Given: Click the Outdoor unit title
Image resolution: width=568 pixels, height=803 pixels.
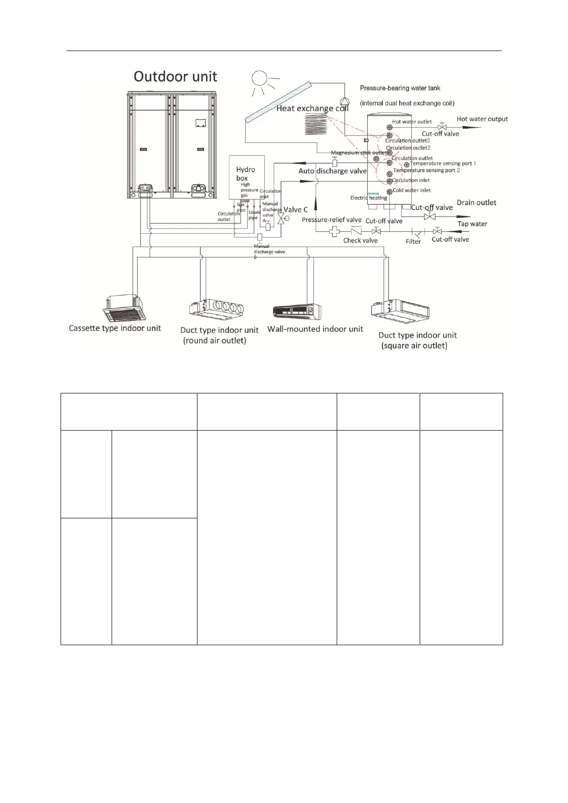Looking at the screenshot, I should pyautogui.click(x=175, y=77).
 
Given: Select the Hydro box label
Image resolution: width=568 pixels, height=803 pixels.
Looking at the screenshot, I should pyautogui.click(x=246, y=174).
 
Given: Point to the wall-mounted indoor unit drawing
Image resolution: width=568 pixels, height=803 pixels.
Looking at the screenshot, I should pyautogui.click(x=296, y=311).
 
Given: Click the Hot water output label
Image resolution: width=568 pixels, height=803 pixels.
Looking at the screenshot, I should pyautogui.click(x=482, y=119).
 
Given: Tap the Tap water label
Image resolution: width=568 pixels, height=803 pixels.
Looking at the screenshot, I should pyautogui.click(x=472, y=224).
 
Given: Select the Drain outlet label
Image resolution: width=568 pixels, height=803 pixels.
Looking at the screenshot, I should pyautogui.click(x=476, y=203).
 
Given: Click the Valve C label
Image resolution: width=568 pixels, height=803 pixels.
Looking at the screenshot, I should pyautogui.click(x=296, y=209).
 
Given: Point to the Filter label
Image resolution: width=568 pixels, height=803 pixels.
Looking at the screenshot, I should pyautogui.click(x=413, y=242).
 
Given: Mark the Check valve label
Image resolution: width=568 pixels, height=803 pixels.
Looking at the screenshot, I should pyautogui.click(x=360, y=240).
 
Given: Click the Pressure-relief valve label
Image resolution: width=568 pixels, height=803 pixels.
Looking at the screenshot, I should pyautogui.click(x=331, y=220).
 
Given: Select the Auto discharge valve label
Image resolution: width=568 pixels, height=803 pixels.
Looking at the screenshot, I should pyautogui.click(x=332, y=171).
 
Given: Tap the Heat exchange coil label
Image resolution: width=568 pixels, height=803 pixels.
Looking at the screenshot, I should pyautogui.click(x=312, y=109).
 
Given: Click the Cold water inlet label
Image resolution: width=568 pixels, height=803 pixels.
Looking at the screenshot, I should pyautogui.click(x=412, y=190).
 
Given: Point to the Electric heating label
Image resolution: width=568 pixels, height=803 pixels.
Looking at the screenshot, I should pyautogui.click(x=369, y=198).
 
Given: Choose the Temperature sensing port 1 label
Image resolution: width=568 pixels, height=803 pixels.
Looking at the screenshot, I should pyautogui.click(x=443, y=164).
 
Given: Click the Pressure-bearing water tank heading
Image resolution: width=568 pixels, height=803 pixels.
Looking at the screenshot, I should pyautogui.click(x=400, y=88).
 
